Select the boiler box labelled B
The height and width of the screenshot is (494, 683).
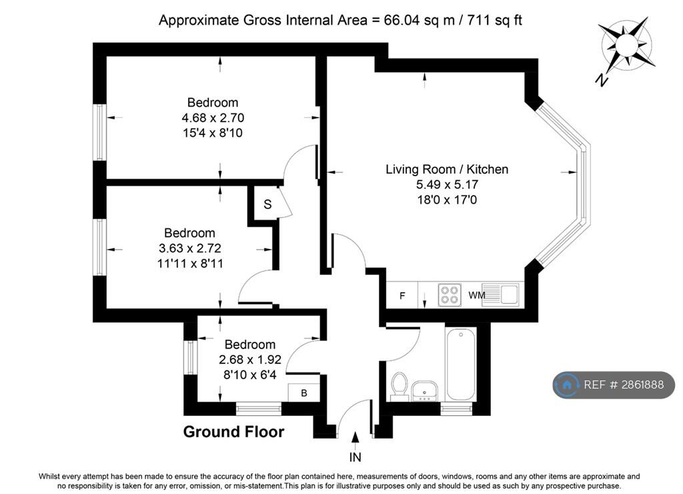click(303, 393)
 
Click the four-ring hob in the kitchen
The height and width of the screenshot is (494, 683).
click(450, 294)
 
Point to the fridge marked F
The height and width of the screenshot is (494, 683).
click(402, 295)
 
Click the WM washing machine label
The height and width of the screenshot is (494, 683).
click(476, 295)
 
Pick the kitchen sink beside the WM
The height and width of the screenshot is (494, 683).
click(500, 294)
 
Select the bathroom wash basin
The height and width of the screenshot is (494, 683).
click(425, 391)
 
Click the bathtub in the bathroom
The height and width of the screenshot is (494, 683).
click(460, 364)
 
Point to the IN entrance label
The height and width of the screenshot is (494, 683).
click(355, 457)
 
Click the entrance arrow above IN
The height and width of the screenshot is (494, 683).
click(356, 441)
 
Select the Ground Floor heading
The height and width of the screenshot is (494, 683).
click(233, 432)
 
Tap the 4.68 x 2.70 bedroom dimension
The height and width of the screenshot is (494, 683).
click(213, 117)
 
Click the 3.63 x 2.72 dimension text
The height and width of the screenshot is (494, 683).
click(190, 248)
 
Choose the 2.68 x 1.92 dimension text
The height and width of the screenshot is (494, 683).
click(250, 360)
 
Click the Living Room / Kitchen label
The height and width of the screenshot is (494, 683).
click(447, 169)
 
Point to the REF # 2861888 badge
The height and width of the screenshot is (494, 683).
click(614, 385)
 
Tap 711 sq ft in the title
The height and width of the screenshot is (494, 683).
click(494, 20)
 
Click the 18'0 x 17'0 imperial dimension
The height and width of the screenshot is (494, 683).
click(447, 200)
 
